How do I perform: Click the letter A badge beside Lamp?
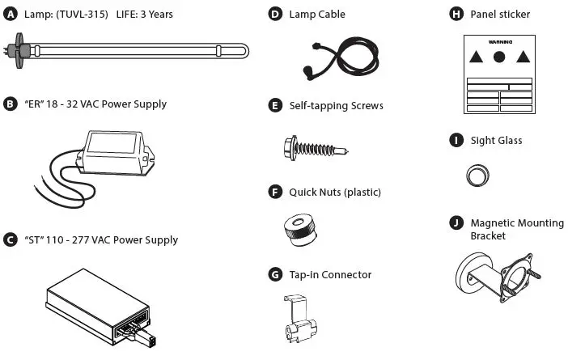coord(10,15)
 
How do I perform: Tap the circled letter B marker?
coord(10,104)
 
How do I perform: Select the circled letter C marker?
coord(10,239)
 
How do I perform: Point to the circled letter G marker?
coord(275,274)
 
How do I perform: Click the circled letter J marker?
coord(456,223)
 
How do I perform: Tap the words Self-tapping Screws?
coord(336,105)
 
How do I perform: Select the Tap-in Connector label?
coord(330,274)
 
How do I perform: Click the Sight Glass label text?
coord(496,140)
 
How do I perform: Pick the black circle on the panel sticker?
coord(499,57)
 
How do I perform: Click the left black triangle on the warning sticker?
coord(477,57)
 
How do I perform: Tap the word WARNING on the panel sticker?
coord(499,40)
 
